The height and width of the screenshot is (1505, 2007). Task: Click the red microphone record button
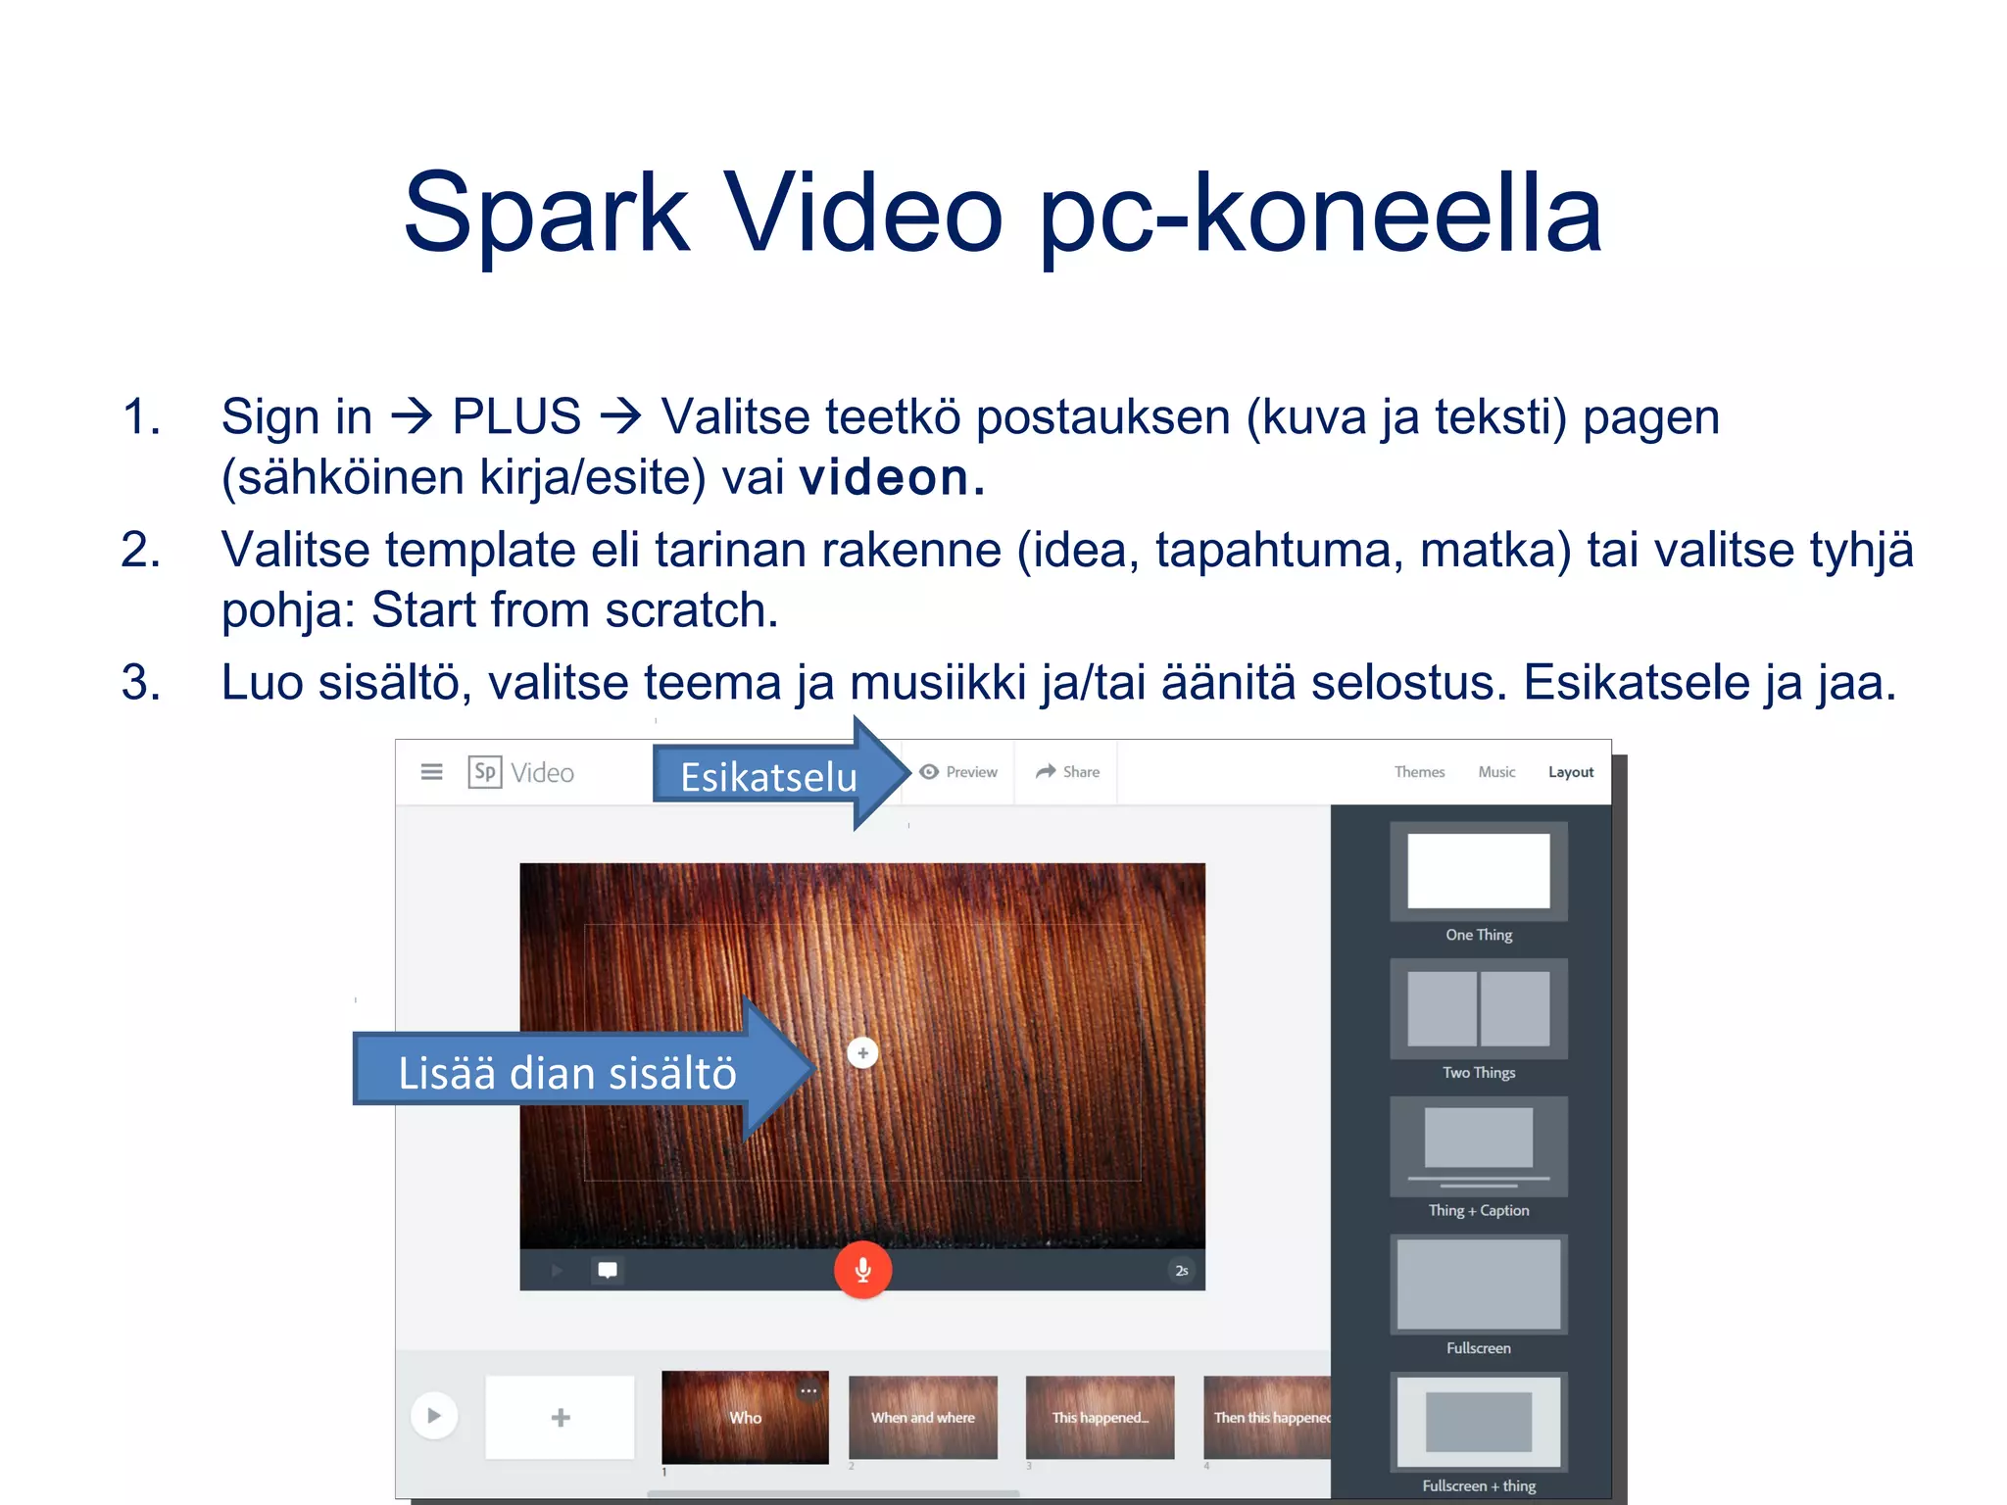(x=862, y=1270)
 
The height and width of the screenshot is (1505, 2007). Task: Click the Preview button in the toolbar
(x=958, y=772)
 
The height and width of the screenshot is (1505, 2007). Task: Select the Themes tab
(x=1419, y=772)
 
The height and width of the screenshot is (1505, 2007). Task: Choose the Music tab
(x=1496, y=772)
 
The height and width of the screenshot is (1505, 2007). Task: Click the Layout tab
(x=1571, y=772)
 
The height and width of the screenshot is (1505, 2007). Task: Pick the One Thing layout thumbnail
(x=1479, y=871)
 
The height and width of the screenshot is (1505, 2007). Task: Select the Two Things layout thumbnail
(x=1479, y=1008)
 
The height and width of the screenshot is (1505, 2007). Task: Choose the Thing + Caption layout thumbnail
(x=1479, y=1146)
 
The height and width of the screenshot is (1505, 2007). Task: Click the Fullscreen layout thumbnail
(x=1479, y=1285)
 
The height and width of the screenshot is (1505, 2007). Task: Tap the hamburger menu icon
(x=431, y=772)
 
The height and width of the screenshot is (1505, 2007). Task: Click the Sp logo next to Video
(x=485, y=772)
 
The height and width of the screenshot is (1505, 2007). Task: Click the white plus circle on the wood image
(x=862, y=1053)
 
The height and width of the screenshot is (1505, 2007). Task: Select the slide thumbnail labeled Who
(x=745, y=1417)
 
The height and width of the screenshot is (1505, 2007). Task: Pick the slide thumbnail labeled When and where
(x=922, y=1417)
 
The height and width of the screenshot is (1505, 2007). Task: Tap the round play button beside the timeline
(x=434, y=1416)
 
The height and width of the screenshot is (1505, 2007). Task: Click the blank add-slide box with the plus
(x=560, y=1417)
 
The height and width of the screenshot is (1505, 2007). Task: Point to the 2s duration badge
(x=1182, y=1271)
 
